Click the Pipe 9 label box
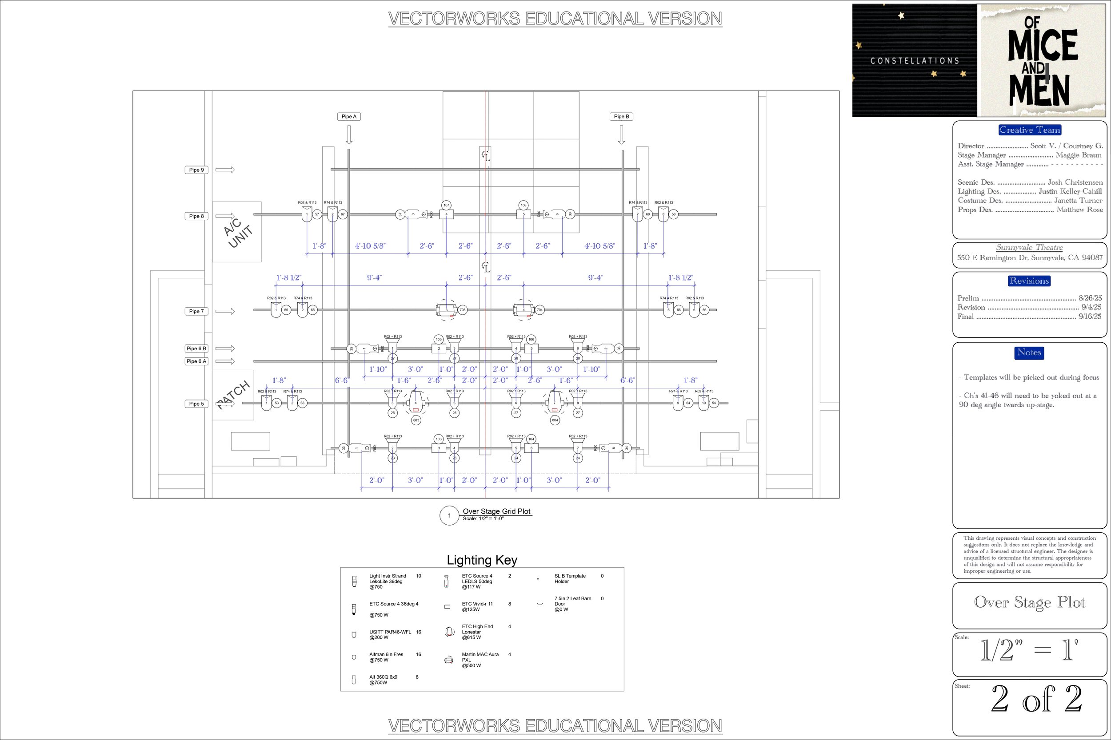[x=196, y=170]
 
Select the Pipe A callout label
[x=349, y=117]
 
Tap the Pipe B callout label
[x=621, y=117]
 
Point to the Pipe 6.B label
[x=196, y=349]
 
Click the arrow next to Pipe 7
[x=225, y=312]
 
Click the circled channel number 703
[x=463, y=310]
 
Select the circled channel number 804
[x=555, y=420]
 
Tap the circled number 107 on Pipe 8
[x=446, y=205]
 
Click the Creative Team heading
[x=1030, y=130]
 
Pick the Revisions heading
[x=1029, y=281]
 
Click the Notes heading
[x=1029, y=352]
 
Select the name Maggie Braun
[x=1079, y=155]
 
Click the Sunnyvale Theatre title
[x=1030, y=248]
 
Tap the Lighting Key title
[x=482, y=560]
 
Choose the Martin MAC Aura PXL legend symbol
[x=449, y=660]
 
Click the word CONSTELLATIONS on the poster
[x=915, y=61]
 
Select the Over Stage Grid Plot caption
[x=496, y=511]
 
